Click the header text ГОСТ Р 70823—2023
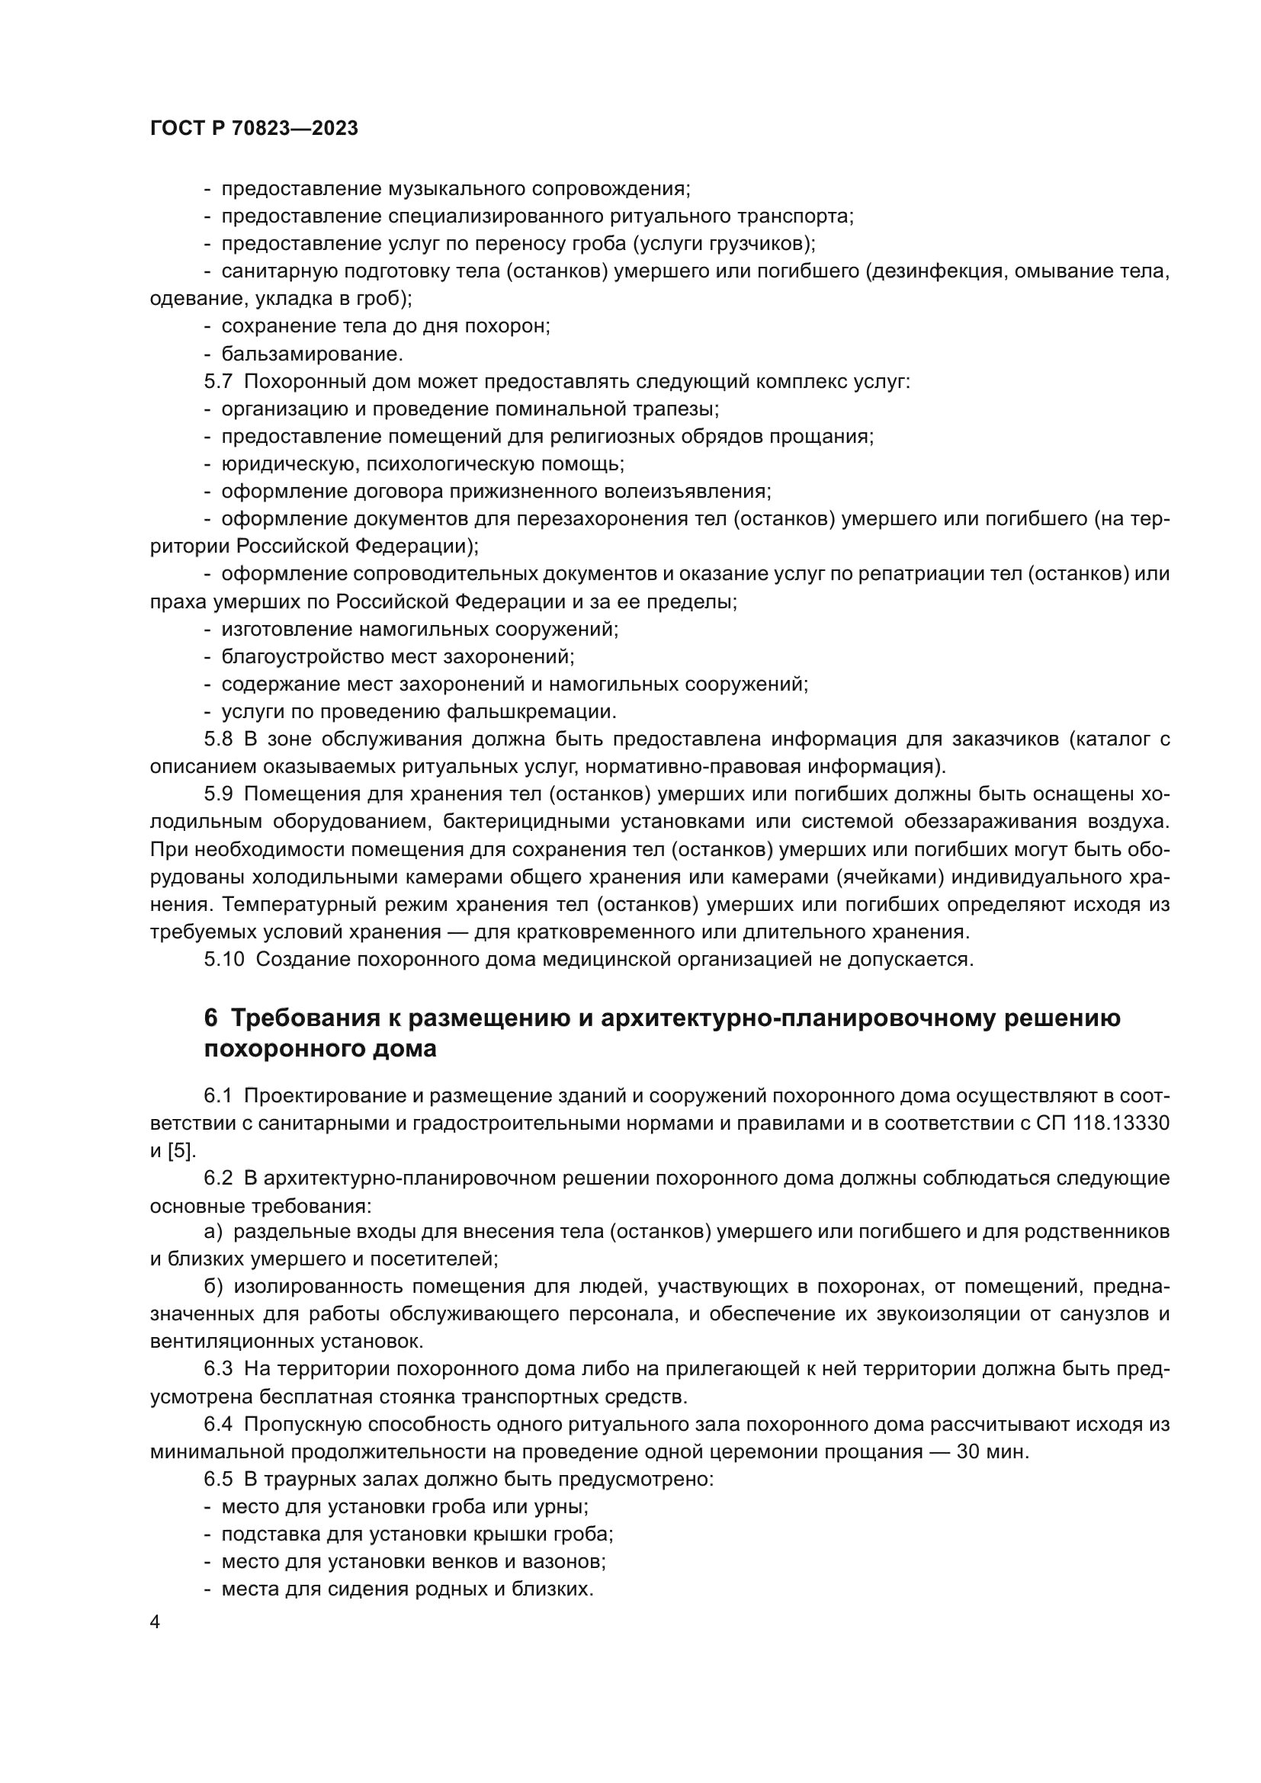(254, 129)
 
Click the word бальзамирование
(311, 354)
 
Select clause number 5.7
(218, 382)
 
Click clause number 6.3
(218, 1369)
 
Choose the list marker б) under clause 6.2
(213, 1286)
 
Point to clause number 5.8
(218, 739)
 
